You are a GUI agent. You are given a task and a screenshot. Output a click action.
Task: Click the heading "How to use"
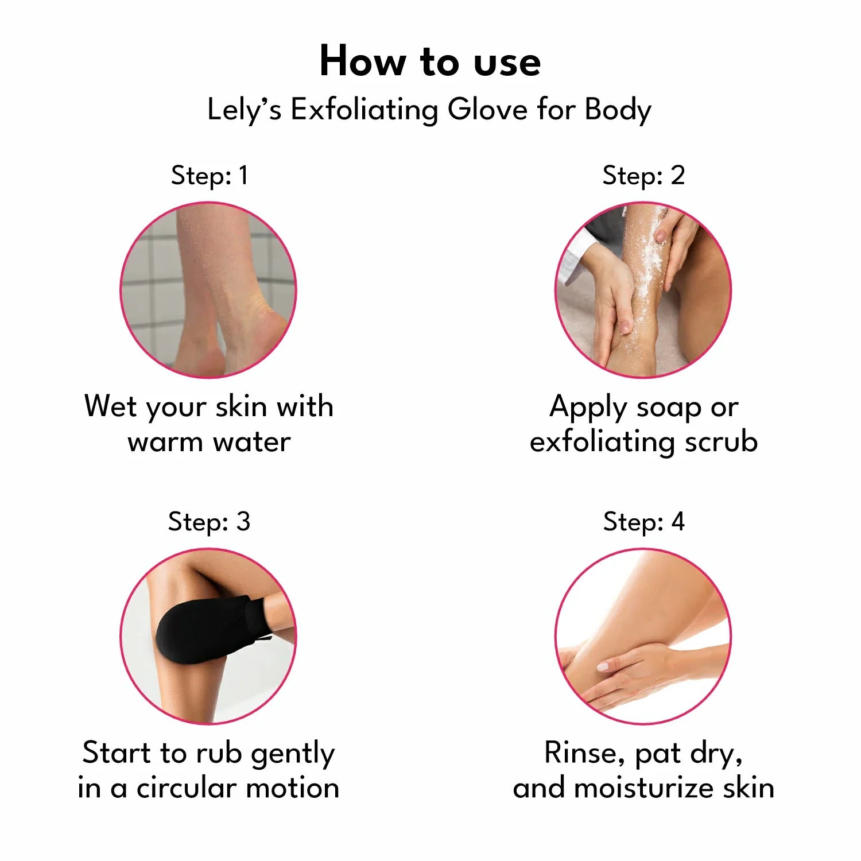click(x=430, y=61)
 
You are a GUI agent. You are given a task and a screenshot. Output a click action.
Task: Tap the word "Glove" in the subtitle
click(x=487, y=109)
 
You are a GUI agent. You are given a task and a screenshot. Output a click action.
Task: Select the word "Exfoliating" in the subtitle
click(x=364, y=110)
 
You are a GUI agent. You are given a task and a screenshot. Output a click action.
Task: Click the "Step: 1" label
click(x=210, y=175)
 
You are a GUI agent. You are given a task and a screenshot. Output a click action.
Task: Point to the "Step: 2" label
click(x=643, y=175)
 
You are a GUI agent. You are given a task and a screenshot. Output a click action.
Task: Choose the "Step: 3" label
click(x=209, y=521)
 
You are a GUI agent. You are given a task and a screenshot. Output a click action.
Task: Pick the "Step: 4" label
click(x=643, y=521)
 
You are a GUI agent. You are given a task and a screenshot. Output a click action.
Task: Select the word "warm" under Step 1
click(x=165, y=442)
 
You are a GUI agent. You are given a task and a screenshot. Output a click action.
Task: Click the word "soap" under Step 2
click(x=669, y=408)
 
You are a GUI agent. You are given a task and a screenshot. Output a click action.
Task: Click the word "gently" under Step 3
click(x=293, y=754)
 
